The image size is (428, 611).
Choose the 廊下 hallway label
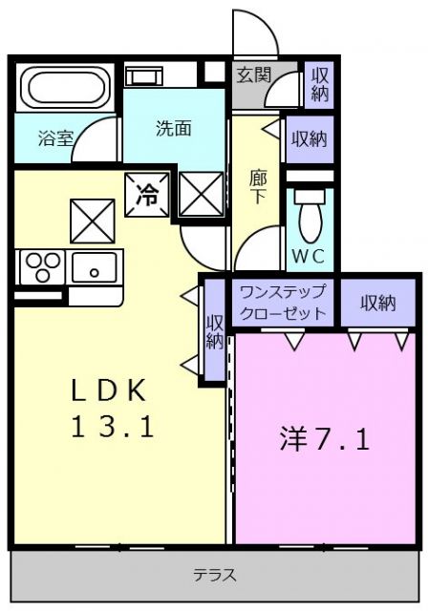(258, 186)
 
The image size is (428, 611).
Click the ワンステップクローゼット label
(283, 302)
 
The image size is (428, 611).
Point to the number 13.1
(111, 427)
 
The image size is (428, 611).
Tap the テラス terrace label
(215, 576)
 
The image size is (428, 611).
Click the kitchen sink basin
(94, 267)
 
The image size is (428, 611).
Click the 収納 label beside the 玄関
(317, 85)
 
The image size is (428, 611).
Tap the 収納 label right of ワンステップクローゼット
(378, 303)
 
